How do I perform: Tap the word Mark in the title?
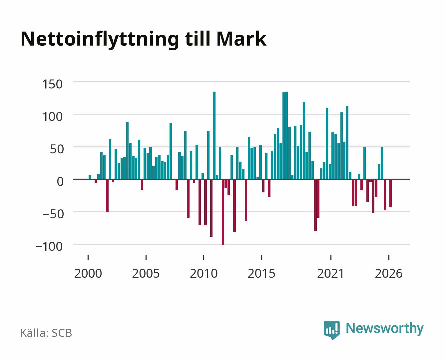coord(241,39)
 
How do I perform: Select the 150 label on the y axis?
coord(52,84)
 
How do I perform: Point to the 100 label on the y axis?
coord(52,117)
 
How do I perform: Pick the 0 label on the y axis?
coord(60,181)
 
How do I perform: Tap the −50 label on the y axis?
coord(53,214)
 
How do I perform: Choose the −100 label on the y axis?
coord(49,246)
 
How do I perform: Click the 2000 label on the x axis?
coord(88,273)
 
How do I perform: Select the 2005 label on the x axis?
coord(146,273)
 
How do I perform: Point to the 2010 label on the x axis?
coord(204,273)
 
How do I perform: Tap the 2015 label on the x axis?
coord(261,273)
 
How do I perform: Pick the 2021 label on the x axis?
coord(330,273)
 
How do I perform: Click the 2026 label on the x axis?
coord(389,273)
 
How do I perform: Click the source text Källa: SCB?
coord(46,333)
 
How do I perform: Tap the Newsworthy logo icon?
coord(331,330)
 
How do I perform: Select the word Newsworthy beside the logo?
coord(385,329)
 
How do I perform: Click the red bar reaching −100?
coord(223,212)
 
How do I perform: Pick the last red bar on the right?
coord(390,193)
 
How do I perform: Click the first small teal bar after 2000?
coord(90,177)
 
